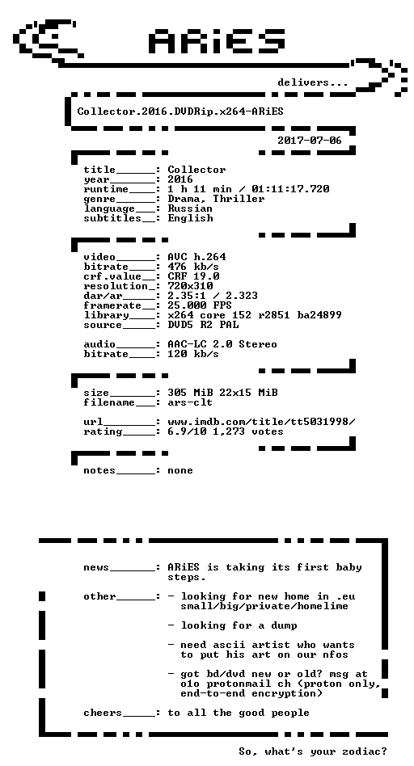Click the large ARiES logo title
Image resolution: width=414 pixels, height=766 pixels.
pyautogui.click(x=217, y=40)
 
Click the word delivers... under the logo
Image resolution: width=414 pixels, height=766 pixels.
pyautogui.click(x=313, y=82)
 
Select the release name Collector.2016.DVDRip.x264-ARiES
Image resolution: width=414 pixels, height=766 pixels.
pyautogui.click(x=180, y=112)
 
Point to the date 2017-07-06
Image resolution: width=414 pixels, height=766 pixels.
pyautogui.click(x=310, y=141)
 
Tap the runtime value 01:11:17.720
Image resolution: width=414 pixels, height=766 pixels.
pyautogui.click(x=290, y=189)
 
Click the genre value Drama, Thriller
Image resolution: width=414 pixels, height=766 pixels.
pyautogui.click(x=216, y=199)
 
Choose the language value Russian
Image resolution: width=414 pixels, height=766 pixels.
pyautogui.click(x=190, y=208)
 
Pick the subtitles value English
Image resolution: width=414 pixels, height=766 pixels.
pyautogui.click(x=190, y=218)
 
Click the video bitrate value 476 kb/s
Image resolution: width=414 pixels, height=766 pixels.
pyautogui.click(x=193, y=267)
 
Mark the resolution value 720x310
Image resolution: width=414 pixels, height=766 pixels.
pyautogui.click(x=190, y=286)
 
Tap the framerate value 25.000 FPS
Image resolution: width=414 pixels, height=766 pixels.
pyautogui.click(x=200, y=305)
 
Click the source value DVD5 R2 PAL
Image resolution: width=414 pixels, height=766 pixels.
pyautogui.click(x=203, y=325)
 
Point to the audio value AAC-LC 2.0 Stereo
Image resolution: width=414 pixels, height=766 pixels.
pyautogui.click(x=222, y=344)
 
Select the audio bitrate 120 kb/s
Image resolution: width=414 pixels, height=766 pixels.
pyautogui.click(x=193, y=354)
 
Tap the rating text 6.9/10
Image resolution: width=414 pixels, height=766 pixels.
pyautogui.click(x=187, y=431)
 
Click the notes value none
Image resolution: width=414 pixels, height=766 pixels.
pyautogui.click(x=180, y=470)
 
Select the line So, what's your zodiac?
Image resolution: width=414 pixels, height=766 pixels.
pyautogui.click(x=313, y=751)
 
